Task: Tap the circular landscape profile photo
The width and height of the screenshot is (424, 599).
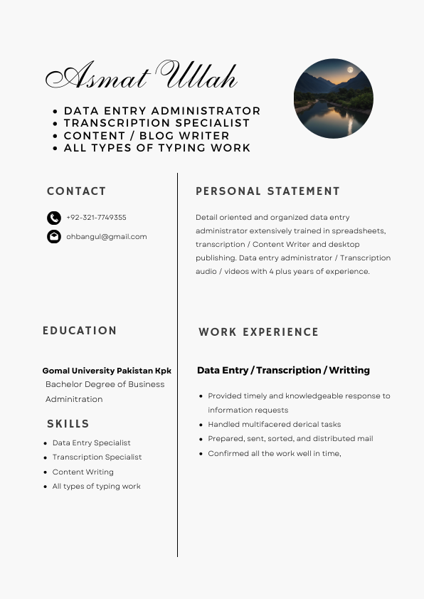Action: point(333,98)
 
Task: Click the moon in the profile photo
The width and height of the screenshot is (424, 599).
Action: point(349,70)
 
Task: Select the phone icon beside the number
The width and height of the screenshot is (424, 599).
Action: point(54,218)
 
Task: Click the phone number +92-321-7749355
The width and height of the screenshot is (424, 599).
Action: point(96,218)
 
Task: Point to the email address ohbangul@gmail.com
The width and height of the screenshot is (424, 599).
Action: point(107,237)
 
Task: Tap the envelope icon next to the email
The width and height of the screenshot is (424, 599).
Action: point(54,237)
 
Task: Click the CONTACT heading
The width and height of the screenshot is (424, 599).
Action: point(76,191)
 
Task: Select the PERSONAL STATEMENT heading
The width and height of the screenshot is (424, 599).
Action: point(267,191)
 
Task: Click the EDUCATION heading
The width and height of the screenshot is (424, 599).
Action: point(80,331)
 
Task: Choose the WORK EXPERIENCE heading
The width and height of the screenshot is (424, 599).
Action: point(258,332)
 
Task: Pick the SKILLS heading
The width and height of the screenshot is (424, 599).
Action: point(68,424)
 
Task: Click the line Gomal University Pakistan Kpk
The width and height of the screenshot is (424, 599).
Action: point(107,371)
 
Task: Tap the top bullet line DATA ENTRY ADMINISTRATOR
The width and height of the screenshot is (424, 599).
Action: point(162,111)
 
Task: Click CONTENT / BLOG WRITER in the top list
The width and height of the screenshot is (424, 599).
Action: point(147,136)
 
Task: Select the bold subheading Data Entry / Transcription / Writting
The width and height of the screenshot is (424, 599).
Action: point(283,371)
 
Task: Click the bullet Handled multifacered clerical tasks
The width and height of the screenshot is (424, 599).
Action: point(274,425)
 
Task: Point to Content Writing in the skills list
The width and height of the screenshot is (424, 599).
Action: point(83,472)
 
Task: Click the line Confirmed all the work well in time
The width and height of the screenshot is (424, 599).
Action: point(274,454)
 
